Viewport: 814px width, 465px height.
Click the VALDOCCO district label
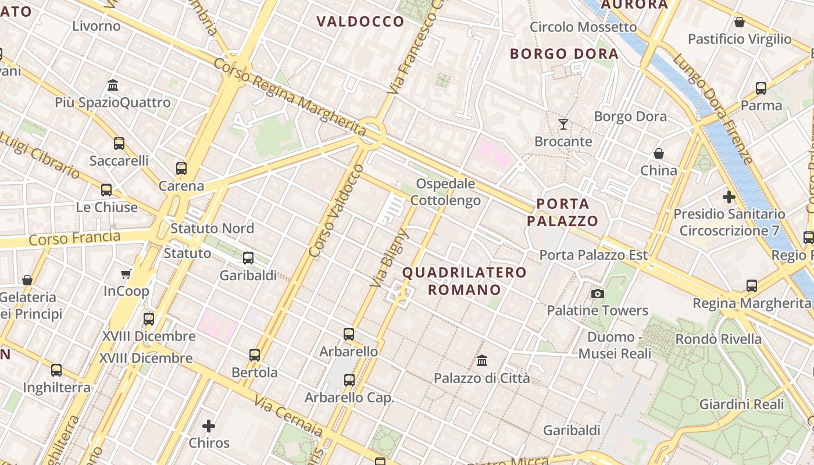coord(360,22)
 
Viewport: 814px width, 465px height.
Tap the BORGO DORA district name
coord(564,54)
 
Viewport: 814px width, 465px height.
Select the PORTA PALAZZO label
coord(562,212)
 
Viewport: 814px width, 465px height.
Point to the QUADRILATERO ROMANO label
coord(464,281)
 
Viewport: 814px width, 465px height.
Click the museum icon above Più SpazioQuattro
coord(113,85)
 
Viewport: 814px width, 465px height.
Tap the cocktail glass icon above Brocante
coord(563,124)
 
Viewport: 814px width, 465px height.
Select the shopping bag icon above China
coord(659,153)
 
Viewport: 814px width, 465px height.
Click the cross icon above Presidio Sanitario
coord(729,197)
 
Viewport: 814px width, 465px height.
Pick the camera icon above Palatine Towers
coord(597,294)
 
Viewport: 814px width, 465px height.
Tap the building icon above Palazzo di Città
coord(481,361)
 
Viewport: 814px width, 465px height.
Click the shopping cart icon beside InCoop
coord(126,274)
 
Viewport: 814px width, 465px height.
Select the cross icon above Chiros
coord(209,426)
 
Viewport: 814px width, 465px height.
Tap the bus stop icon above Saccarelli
coord(119,143)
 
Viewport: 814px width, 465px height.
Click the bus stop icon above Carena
coord(181,169)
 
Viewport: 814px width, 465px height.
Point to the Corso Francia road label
coord(74,238)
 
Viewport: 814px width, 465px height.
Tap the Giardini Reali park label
coord(741,404)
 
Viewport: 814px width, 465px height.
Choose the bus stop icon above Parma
coord(761,88)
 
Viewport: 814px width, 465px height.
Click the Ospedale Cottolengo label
coord(445,192)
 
